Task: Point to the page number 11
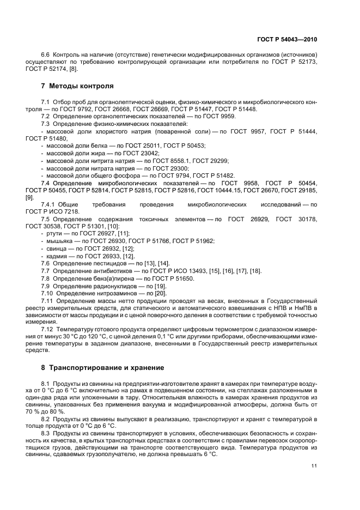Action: (x=314, y=465)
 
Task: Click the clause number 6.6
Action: (x=46, y=56)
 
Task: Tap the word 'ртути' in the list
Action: (x=54, y=233)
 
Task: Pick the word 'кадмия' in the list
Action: (x=57, y=256)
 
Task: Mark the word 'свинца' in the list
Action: (x=57, y=248)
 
